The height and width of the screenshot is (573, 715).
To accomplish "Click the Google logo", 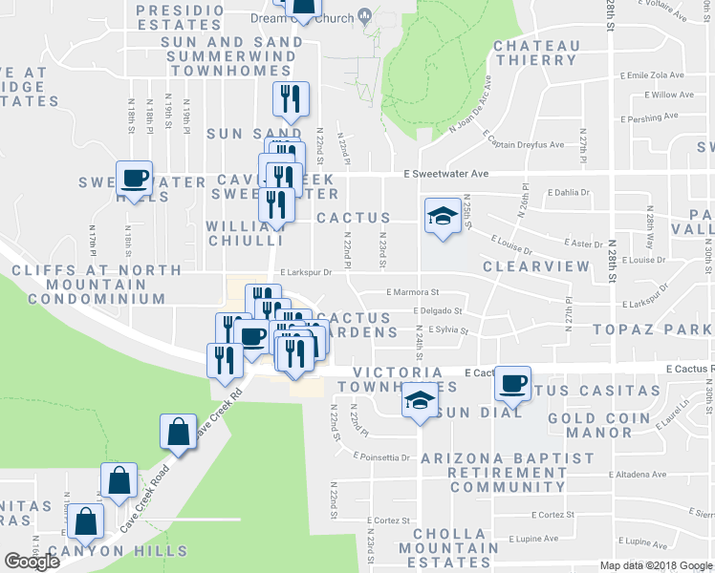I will coord(32,562).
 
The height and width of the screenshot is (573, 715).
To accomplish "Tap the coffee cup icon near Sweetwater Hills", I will coord(134,178).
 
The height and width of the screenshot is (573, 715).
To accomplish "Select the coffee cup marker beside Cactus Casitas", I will coord(513,383).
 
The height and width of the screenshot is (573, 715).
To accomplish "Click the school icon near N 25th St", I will coord(442,215).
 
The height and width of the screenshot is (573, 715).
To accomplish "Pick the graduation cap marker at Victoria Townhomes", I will coord(418,399).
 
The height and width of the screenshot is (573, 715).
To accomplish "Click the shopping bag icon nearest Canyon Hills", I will coord(86,522).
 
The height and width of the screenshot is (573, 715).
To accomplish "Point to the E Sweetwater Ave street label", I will coord(445,175).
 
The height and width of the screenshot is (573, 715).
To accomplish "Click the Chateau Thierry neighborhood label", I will coord(536,53).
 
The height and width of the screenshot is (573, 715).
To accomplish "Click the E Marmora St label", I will coord(412,292).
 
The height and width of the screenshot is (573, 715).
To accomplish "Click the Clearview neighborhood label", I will coord(532,267).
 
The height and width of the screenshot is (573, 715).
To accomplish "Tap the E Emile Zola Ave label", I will coord(653,74).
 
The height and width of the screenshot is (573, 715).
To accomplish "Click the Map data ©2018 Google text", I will coord(655,565).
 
